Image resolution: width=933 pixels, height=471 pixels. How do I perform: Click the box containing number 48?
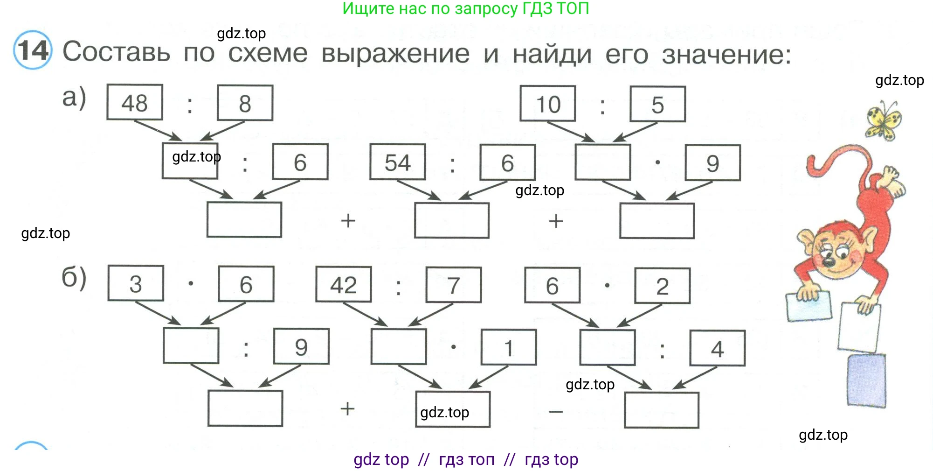coord(135,102)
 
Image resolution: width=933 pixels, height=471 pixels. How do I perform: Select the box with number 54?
coord(397,162)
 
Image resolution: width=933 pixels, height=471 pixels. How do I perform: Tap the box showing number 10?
coord(548,104)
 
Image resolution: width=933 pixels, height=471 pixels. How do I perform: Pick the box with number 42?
coord(344,284)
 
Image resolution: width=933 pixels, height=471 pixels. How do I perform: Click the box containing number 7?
coord(453,285)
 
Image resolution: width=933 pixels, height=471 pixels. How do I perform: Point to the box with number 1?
coord(509,347)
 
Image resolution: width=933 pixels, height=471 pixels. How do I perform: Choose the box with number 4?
coord(717,348)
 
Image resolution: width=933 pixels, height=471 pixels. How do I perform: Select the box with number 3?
coord(136,283)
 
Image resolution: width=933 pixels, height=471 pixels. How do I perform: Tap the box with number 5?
coord(657,104)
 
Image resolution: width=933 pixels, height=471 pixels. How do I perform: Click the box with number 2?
coord(662,286)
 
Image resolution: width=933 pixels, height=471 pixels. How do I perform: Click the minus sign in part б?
coord(556,412)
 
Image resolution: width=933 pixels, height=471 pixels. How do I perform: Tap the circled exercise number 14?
coord(33,50)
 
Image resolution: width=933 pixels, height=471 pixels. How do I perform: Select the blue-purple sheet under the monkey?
coord(866,380)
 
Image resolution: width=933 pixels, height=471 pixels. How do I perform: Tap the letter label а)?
coord(74,97)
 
